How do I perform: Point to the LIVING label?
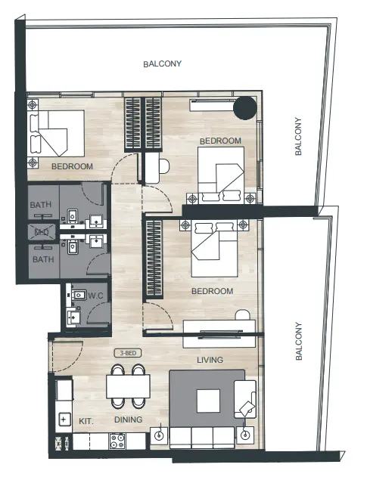point(210,360)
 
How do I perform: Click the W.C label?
point(95,296)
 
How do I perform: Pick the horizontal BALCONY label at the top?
point(163,64)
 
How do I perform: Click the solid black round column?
point(244,109)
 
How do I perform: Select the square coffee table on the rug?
point(207,400)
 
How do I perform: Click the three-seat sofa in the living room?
point(201,437)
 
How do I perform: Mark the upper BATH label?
point(40,205)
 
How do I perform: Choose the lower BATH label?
point(40,259)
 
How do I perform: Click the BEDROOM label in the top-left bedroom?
point(72,166)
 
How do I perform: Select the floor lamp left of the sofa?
point(159,435)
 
